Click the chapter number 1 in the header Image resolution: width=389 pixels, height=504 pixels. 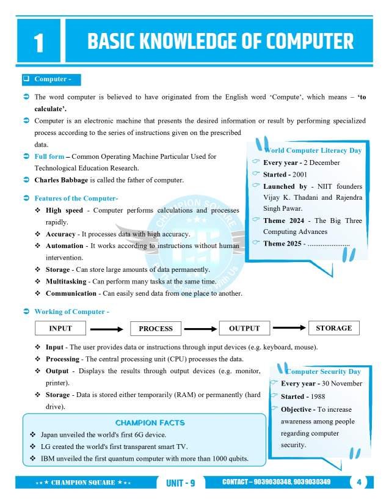click(x=38, y=42)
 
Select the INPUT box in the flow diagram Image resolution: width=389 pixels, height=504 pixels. click(x=60, y=329)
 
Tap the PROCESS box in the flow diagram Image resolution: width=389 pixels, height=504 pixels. click(x=156, y=329)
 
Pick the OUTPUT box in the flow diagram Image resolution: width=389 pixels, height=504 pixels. click(x=244, y=329)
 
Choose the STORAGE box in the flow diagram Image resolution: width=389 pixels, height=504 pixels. click(x=333, y=328)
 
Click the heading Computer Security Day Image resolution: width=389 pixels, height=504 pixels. click(x=323, y=371)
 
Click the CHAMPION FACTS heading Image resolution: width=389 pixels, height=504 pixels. click(x=150, y=423)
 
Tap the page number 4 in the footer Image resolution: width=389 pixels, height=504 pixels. click(x=359, y=483)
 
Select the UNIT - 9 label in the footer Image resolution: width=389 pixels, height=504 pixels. click(x=180, y=483)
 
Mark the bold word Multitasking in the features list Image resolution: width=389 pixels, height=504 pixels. click(x=67, y=281)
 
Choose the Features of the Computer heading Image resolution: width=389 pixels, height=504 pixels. click(x=76, y=199)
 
